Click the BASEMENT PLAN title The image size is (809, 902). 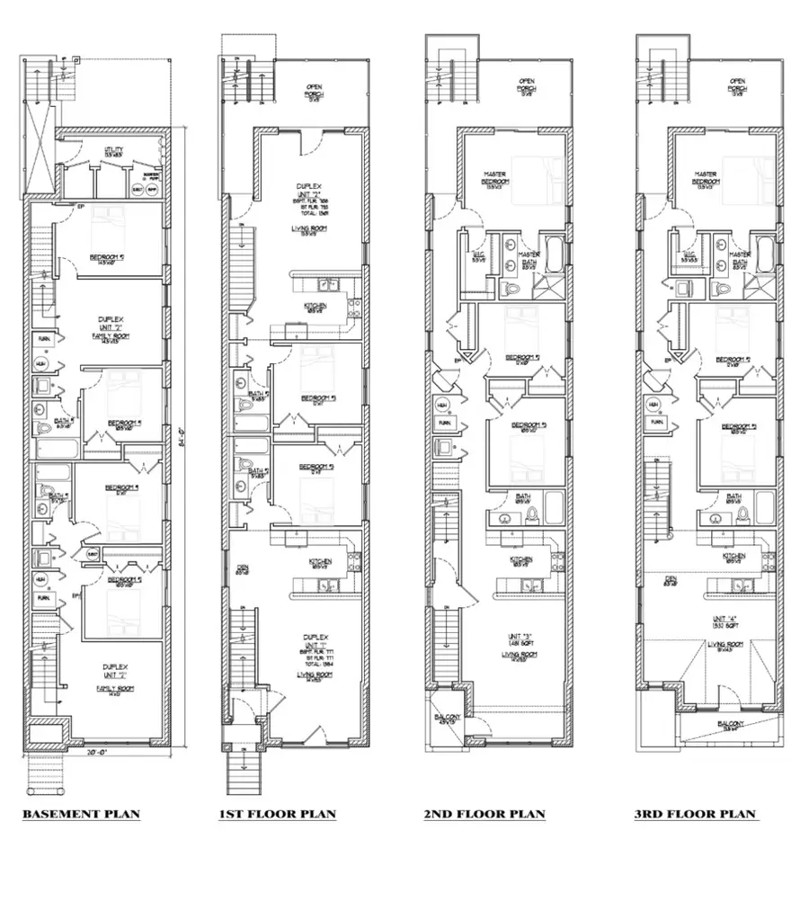tap(81, 815)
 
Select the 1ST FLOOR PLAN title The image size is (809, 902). tap(277, 815)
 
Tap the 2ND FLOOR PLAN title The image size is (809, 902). tap(485, 815)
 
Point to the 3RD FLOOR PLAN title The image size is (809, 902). tap(695, 815)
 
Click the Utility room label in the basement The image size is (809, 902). tap(113, 152)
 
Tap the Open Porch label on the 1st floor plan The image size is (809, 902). tap(315, 90)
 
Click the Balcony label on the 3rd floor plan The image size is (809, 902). tap(729, 724)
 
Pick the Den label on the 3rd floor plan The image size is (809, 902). tap(671, 580)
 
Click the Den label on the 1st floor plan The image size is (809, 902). tap(242, 568)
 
